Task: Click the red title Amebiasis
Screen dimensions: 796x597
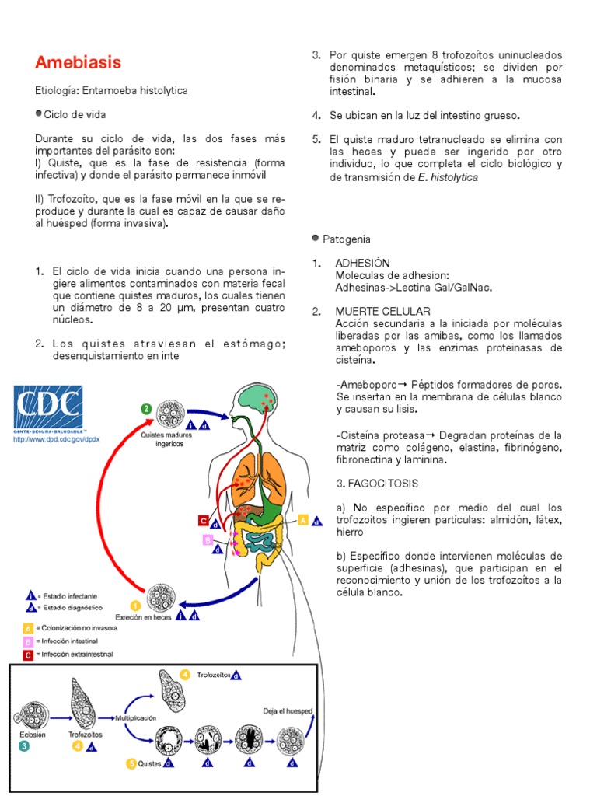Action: [79, 62]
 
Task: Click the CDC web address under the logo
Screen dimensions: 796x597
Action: [47, 439]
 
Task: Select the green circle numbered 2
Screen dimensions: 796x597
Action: [145, 408]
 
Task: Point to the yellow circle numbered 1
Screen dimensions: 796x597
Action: [135, 606]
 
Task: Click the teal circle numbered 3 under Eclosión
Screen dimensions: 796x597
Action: [25, 747]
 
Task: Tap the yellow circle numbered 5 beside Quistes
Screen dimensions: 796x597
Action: [131, 764]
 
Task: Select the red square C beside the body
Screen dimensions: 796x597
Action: [203, 521]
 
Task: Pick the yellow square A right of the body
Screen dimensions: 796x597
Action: [303, 519]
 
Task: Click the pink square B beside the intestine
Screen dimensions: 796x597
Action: [207, 539]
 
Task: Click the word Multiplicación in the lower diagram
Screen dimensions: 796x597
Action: [135, 718]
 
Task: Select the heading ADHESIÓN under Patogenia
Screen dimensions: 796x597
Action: [362, 264]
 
